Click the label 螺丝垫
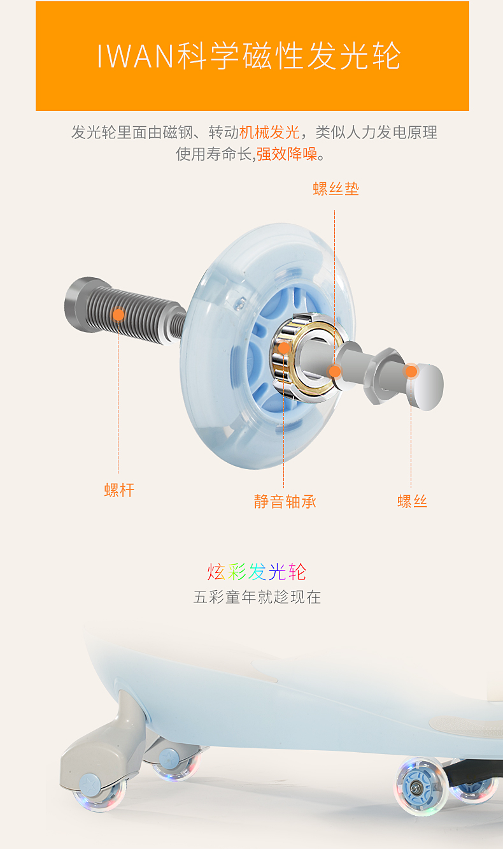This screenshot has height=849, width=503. [x=336, y=189]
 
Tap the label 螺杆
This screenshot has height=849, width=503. [x=119, y=490]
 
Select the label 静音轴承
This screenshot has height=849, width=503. [x=285, y=502]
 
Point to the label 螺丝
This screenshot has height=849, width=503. [x=412, y=501]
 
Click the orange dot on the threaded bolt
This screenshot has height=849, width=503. [x=118, y=314]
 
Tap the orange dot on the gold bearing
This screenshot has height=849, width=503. [x=284, y=348]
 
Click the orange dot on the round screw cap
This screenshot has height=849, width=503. [x=411, y=371]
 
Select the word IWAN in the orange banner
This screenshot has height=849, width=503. [x=135, y=57]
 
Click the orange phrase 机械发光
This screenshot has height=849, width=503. [x=269, y=133]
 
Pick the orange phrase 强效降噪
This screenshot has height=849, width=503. [x=287, y=154]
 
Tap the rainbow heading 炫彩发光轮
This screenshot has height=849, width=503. [x=257, y=572]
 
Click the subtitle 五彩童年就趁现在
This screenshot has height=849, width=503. [x=257, y=597]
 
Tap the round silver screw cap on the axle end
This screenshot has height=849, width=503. [x=425, y=386]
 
